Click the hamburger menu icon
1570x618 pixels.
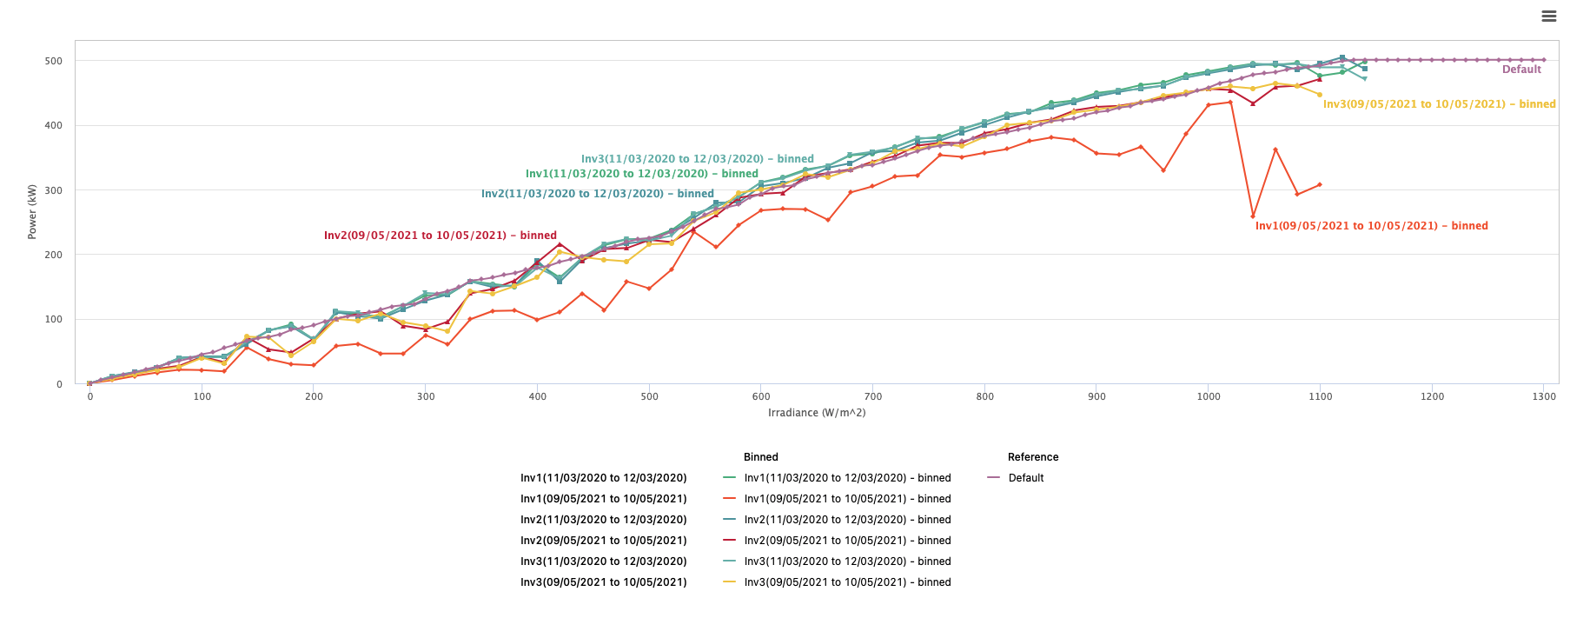(1548, 16)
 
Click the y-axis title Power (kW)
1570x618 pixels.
(32, 211)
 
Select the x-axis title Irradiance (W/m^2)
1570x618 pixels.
(817, 413)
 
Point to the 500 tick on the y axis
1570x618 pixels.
(54, 61)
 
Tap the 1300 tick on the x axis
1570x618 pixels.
(1544, 396)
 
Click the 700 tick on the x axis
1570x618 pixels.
(873, 396)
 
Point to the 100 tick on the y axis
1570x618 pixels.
(54, 319)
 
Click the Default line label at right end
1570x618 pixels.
(1521, 70)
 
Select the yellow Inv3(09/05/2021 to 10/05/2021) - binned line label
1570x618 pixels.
(1439, 104)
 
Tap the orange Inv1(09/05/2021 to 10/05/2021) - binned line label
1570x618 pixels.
(1371, 226)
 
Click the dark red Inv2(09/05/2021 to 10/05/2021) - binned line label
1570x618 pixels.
(440, 236)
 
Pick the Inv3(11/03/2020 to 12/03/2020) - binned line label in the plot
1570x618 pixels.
(697, 159)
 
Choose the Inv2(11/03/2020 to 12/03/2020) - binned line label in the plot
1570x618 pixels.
(597, 194)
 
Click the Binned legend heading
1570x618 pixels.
(760, 457)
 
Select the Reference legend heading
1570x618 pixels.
(1032, 457)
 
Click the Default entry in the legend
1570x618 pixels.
(1025, 478)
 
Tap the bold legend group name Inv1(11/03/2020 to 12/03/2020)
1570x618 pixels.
(603, 478)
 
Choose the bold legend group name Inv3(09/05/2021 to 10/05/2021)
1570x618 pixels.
(603, 582)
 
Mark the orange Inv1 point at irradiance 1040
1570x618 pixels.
(1253, 216)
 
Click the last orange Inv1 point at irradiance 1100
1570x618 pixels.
(1320, 184)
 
